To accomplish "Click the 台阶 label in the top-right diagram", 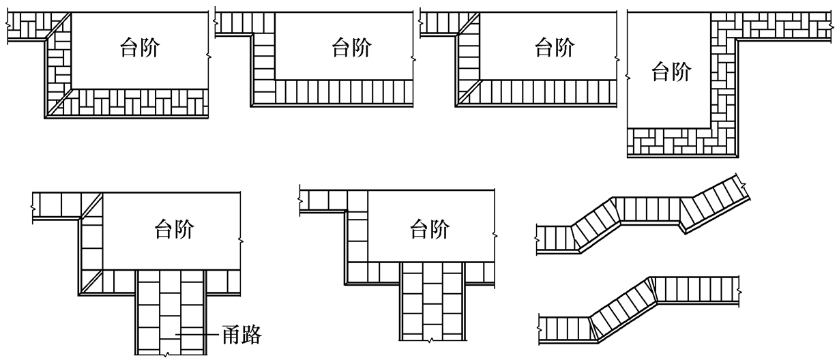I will pyautogui.click(x=671, y=71).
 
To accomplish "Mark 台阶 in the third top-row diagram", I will pyautogui.click(x=553, y=49).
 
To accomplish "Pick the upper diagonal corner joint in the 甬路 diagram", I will pyautogui.click(x=91, y=205).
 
